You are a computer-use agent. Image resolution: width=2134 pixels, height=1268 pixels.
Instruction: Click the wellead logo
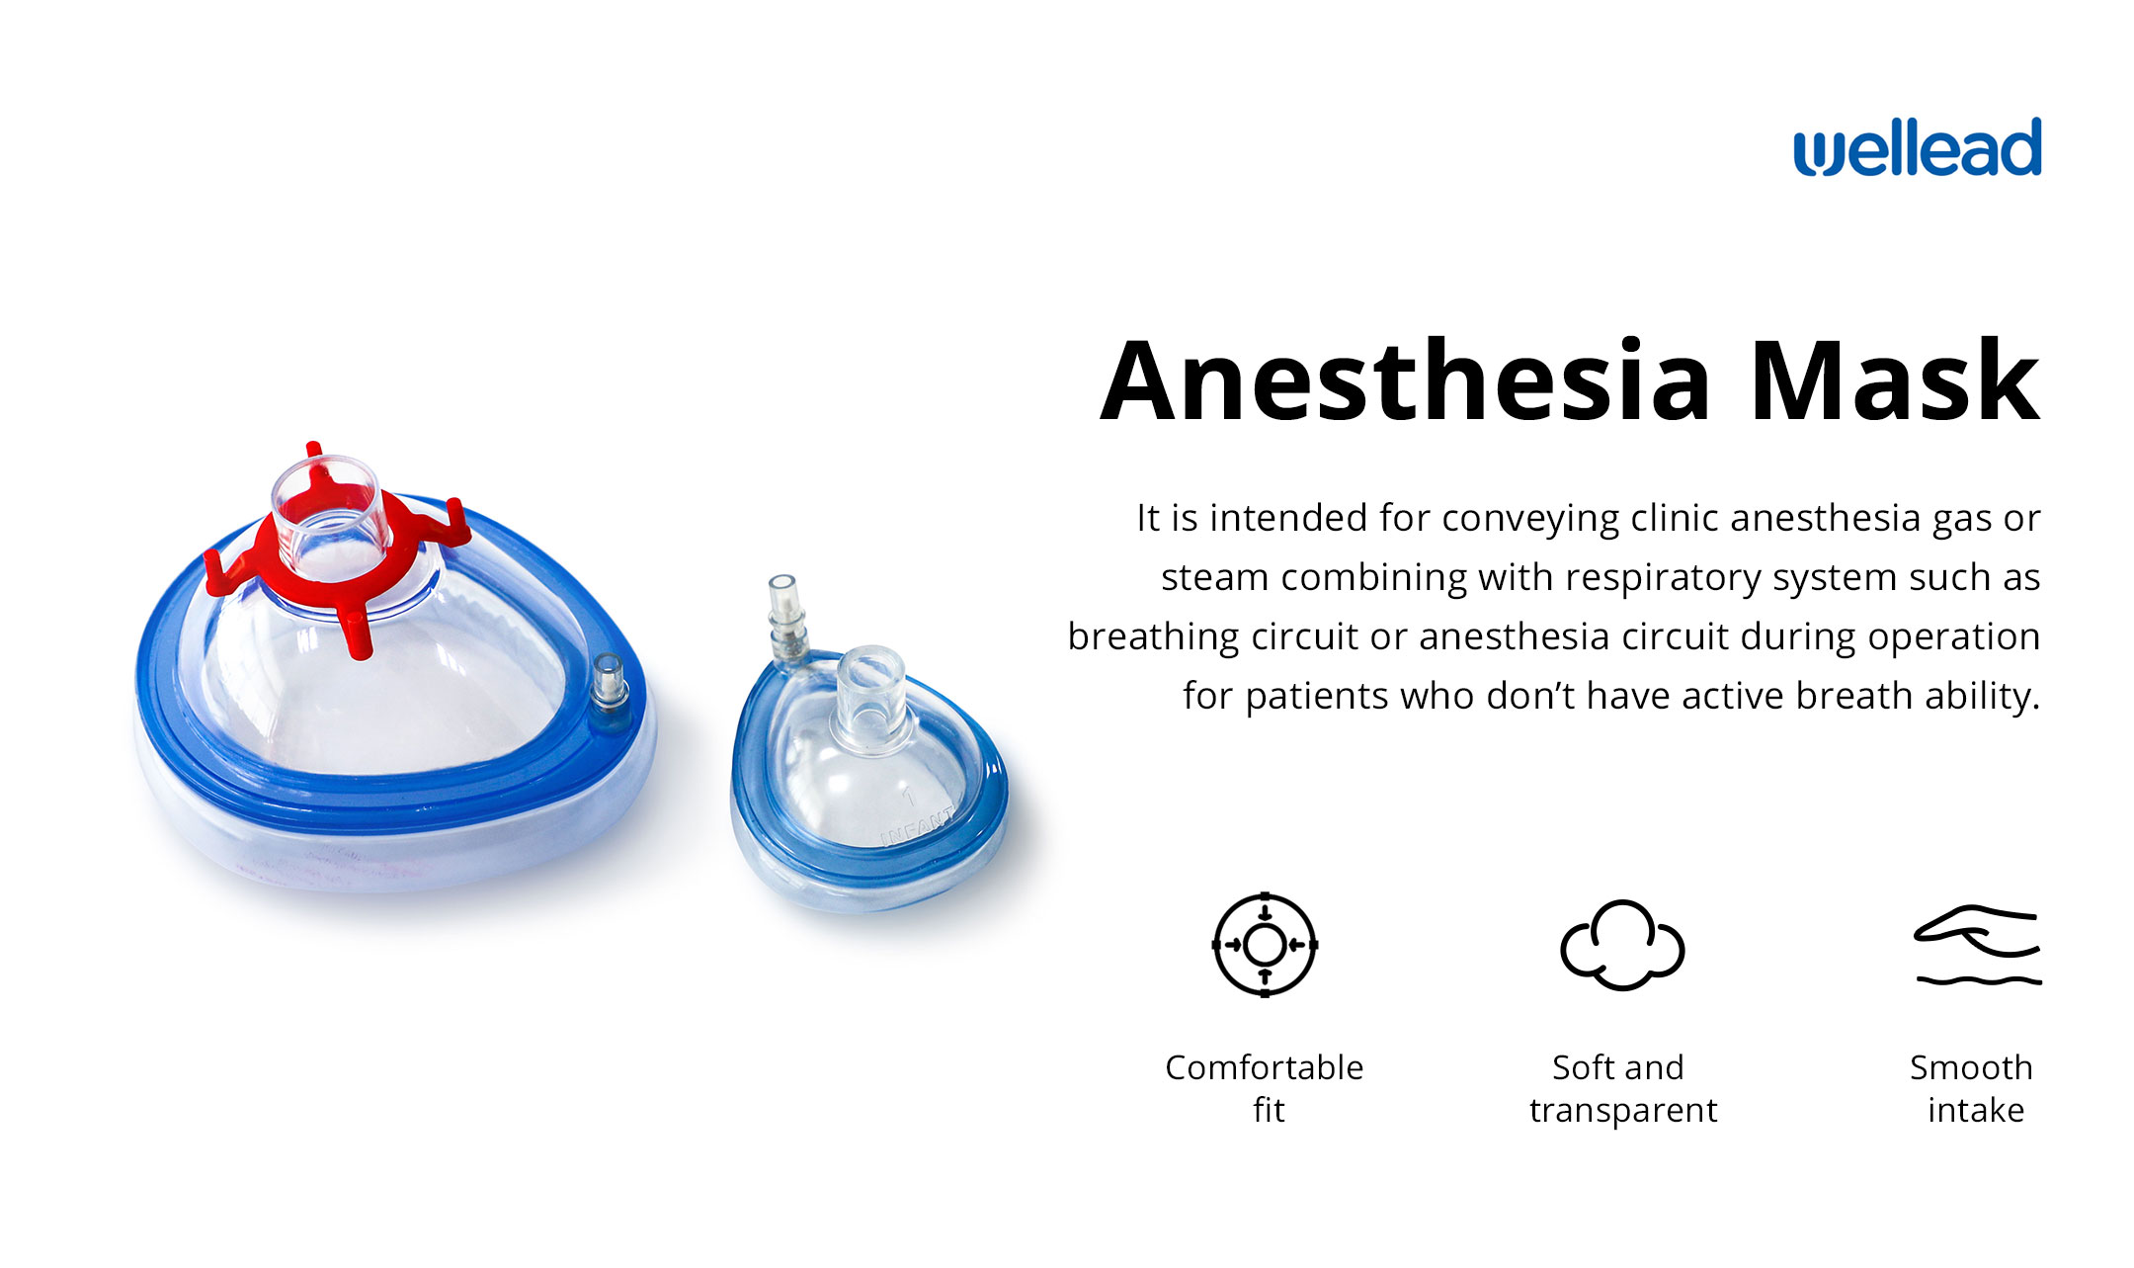[x=1917, y=148]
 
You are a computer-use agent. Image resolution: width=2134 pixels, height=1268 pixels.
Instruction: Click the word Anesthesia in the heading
[x=1405, y=381]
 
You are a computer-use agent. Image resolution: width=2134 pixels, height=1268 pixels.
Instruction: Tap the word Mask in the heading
[x=1894, y=381]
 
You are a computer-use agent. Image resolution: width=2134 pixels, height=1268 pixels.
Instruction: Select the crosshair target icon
[x=1265, y=945]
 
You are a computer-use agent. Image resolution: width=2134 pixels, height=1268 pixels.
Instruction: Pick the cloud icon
[x=1622, y=945]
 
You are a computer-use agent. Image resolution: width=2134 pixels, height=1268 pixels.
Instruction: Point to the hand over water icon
[x=1977, y=946]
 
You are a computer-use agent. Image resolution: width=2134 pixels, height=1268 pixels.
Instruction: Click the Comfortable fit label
[x=1265, y=1088]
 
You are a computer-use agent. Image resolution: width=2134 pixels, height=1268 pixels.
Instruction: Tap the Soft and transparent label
[x=1622, y=1088]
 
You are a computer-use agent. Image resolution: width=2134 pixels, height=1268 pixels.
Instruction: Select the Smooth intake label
[x=1972, y=1088]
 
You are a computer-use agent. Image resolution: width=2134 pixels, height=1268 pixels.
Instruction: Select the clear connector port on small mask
[x=869, y=694]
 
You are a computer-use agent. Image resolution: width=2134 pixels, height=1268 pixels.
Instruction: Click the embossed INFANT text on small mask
[x=918, y=826]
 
